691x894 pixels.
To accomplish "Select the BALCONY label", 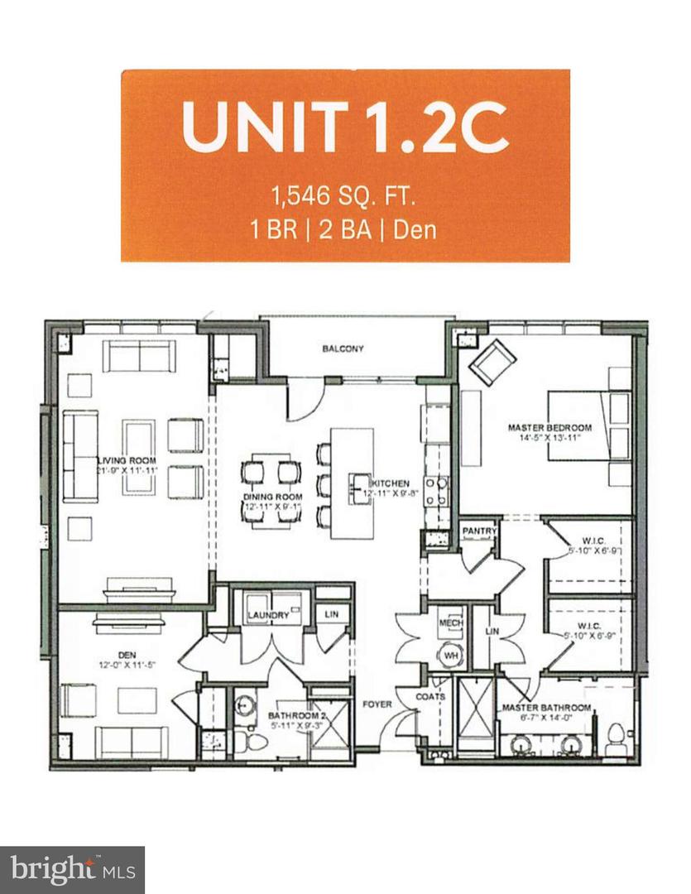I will [x=343, y=348].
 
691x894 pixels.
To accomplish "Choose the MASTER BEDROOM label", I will [x=550, y=427].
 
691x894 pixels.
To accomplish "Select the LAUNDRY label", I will [x=267, y=615].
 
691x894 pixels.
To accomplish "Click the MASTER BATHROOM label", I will [x=546, y=709].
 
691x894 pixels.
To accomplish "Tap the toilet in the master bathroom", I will [x=615, y=739].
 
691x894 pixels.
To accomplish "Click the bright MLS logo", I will [x=72, y=869].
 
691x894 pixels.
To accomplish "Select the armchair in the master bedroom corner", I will [x=492, y=361].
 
